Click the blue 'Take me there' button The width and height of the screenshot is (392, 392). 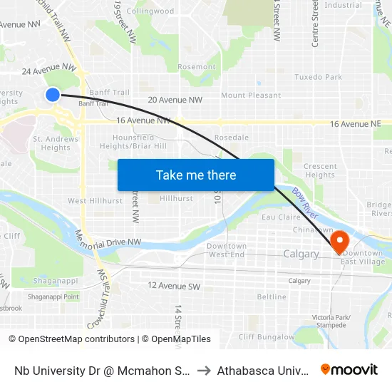coord(196,175)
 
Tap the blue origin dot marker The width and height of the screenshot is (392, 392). coord(53,94)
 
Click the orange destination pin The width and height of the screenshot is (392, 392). coord(339,240)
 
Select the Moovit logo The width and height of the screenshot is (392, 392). coord(349,370)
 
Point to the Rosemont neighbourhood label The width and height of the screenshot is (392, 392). coord(196,67)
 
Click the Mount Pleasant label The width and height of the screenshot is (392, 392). coord(251,96)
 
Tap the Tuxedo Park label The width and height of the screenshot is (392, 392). coord(318,77)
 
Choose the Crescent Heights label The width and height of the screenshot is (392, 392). coord(319,170)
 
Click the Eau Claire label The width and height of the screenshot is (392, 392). coord(277,217)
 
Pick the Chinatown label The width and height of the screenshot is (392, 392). coord(313,230)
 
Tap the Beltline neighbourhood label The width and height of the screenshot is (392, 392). coord(272,296)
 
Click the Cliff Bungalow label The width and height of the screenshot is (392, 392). coord(266,336)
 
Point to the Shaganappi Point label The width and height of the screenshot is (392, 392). coord(53,296)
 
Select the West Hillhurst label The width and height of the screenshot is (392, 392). coord(88,201)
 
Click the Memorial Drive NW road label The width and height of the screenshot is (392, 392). coord(117,243)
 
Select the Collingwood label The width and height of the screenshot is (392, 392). coord(150,11)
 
